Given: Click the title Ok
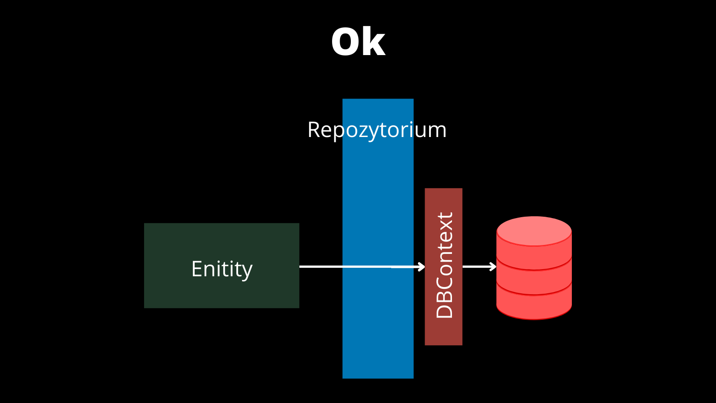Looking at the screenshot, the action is click(x=358, y=42).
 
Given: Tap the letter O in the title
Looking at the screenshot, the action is click(x=344, y=42).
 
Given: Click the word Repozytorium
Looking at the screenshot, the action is click(x=377, y=130).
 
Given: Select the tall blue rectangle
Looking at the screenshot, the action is click(x=378, y=239).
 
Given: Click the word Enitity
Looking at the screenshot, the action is click(x=222, y=269).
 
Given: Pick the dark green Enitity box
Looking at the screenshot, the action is click(x=222, y=266).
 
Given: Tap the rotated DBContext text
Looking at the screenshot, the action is click(x=444, y=265).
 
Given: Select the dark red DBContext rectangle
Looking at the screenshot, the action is click(x=443, y=267).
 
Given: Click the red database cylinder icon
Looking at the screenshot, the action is click(x=534, y=268).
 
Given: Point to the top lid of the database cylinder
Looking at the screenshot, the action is click(x=534, y=231).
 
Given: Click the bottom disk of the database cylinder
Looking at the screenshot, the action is click(x=534, y=302).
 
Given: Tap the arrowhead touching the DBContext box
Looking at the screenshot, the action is click(x=422, y=266).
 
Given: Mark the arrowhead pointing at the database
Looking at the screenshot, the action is click(x=493, y=266).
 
